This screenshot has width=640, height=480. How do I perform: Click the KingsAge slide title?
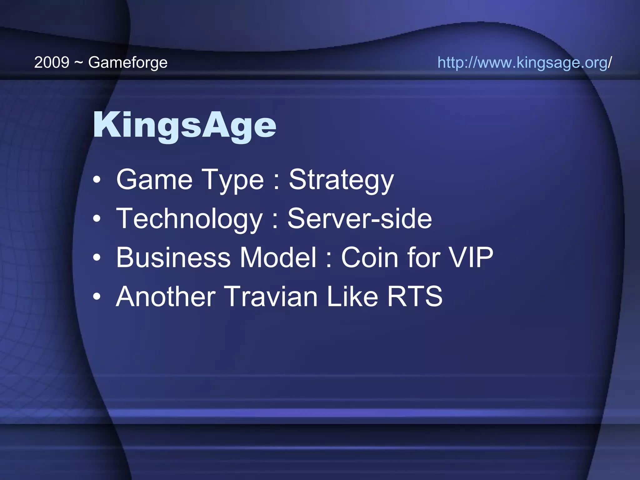point(184,125)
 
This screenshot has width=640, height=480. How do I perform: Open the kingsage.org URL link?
point(524,62)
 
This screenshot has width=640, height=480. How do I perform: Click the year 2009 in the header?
point(52,62)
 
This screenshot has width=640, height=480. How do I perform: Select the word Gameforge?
point(128,63)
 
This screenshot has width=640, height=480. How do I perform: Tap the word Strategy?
point(341,180)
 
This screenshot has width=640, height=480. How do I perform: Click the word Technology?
point(189,219)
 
